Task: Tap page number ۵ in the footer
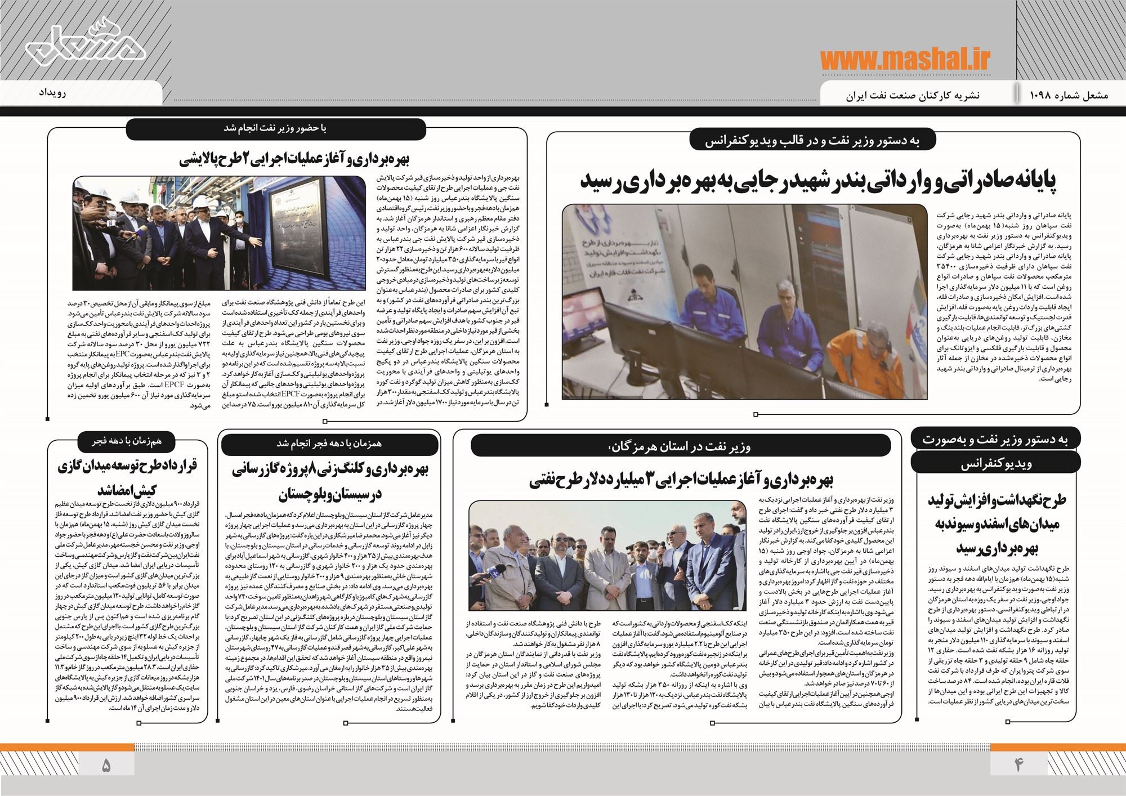click(106, 765)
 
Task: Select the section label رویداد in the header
click(54, 92)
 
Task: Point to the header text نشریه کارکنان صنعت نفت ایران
click(912, 95)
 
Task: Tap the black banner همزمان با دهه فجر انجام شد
click(329, 444)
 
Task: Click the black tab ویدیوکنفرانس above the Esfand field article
click(995, 463)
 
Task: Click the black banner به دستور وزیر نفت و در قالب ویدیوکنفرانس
click(813, 141)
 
